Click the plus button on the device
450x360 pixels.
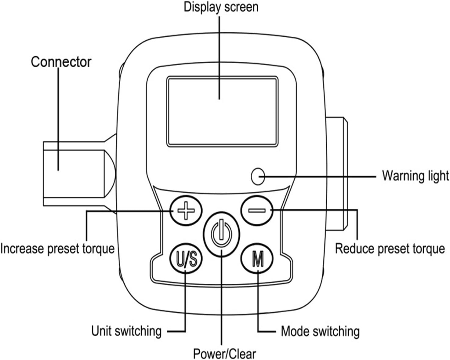(186, 210)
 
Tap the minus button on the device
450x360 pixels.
(257, 210)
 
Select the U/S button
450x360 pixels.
(186, 259)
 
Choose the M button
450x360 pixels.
(257, 259)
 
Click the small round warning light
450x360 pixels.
(258, 176)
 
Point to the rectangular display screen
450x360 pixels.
(222, 111)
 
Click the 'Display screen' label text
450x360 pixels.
(221, 7)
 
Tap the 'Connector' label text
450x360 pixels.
(61, 62)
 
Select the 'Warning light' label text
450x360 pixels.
(415, 176)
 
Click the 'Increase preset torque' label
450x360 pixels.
(57, 249)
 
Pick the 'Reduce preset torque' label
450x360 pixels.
(390, 249)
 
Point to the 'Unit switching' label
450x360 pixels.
(126, 331)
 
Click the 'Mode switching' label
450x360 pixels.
(320, 331)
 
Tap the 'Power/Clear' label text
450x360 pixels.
(224, 354)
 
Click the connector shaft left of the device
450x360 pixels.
(79, 174)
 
